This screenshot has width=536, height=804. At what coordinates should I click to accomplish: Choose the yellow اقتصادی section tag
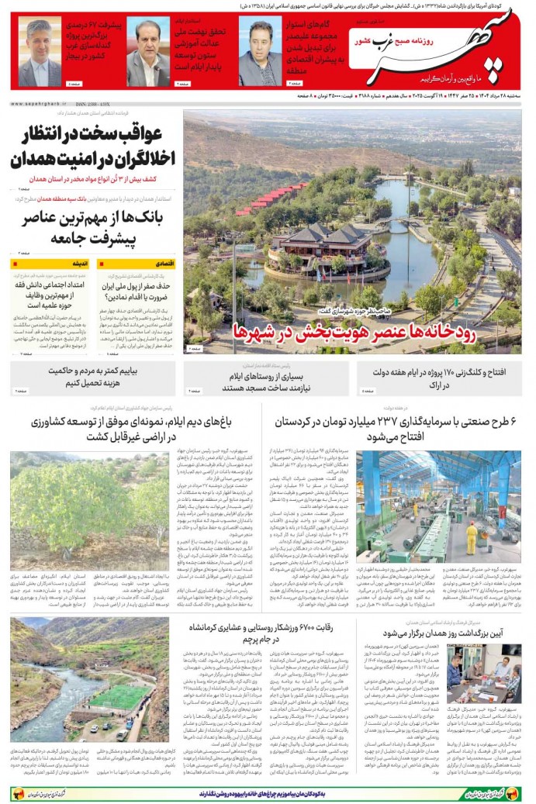tap(166, 264)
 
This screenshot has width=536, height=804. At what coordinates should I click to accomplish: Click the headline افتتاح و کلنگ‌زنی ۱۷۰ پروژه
tap(443, 378)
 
